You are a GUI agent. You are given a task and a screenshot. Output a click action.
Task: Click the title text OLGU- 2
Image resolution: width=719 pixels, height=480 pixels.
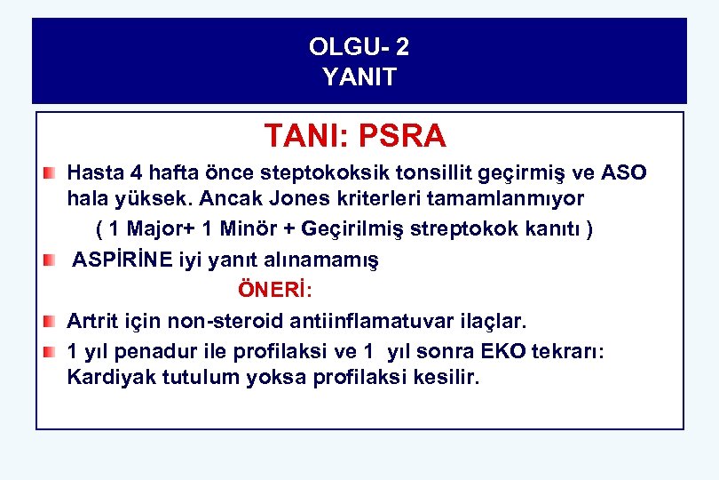[359, 46]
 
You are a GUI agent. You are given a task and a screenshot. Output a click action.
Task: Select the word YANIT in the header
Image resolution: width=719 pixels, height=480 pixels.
[359, 77]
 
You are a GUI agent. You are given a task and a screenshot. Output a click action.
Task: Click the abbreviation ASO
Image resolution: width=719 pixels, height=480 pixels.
[627, 172]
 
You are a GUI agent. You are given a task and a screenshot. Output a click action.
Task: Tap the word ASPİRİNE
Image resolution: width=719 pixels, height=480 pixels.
[122, 260]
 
